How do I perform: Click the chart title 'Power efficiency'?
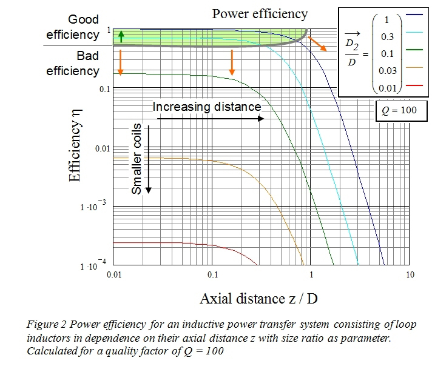(260, 13)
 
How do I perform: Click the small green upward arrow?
(121, 36)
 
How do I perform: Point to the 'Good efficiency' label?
(72, 27)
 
